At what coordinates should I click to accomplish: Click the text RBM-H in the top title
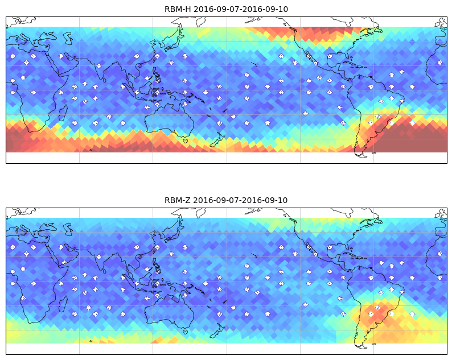178,9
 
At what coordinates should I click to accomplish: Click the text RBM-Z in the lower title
177,200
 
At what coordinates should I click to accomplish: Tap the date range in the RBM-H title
241,9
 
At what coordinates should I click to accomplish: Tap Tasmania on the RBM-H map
186,141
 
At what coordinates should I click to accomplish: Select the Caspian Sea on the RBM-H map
69,38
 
